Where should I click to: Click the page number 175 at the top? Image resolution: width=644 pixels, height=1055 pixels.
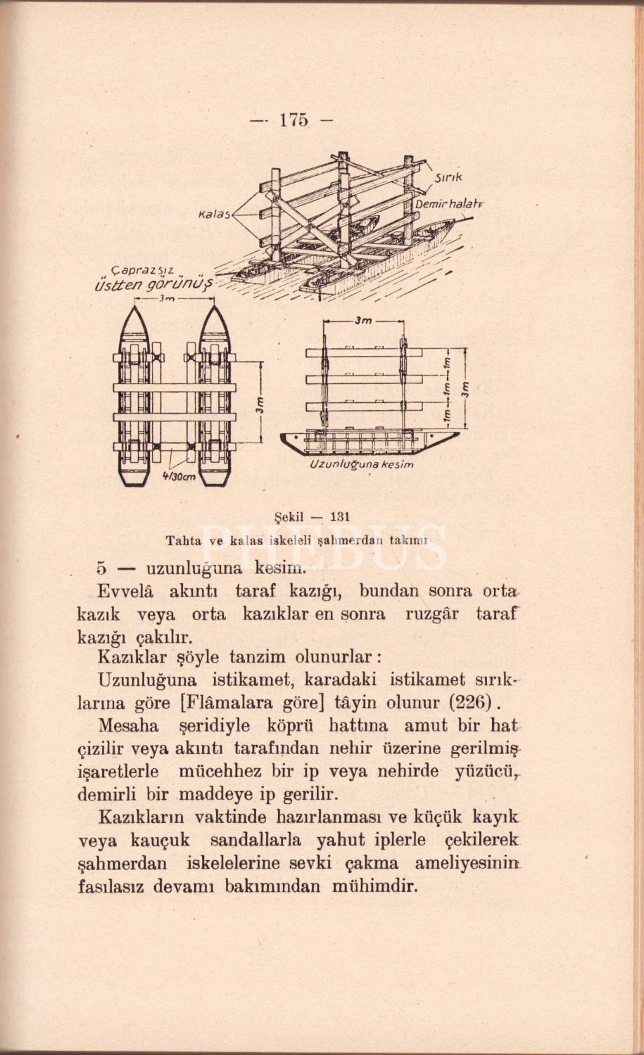[293, 120]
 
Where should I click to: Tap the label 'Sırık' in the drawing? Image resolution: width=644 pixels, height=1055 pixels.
[449, 178]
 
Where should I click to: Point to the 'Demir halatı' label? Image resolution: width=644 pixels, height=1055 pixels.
[448, 203]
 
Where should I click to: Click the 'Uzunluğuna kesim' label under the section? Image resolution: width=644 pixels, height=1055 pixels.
[362, 465]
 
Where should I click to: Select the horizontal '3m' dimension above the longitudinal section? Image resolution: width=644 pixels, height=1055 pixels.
[363, 320]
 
